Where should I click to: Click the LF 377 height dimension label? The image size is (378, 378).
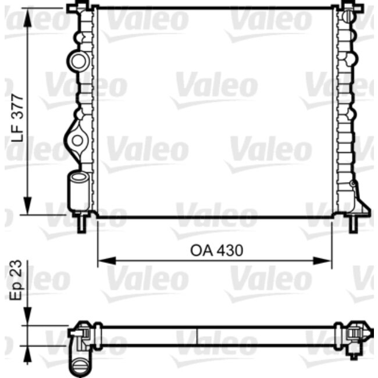coord(17,119)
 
